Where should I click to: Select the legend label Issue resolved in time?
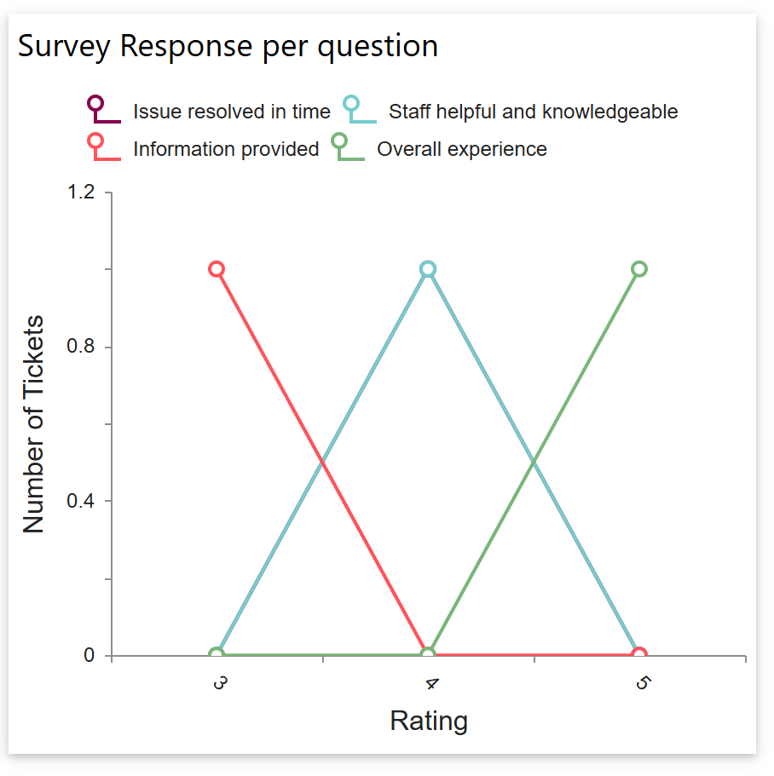[231, 112]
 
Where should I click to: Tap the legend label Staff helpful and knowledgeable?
[533, 112]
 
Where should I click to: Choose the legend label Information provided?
[226, 149]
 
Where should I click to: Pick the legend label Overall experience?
[462, 149]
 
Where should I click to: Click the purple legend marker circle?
[95, 104]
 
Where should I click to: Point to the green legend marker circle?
[339, 141]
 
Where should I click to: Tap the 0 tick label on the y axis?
[89, 655]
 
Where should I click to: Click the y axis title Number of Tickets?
[33, 424]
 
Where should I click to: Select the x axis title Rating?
[429, 721]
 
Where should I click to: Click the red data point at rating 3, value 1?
[217, 269]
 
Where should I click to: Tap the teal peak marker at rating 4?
[428, 269]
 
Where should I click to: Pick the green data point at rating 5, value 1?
[639, 269]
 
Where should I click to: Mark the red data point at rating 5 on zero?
[639, 655]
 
